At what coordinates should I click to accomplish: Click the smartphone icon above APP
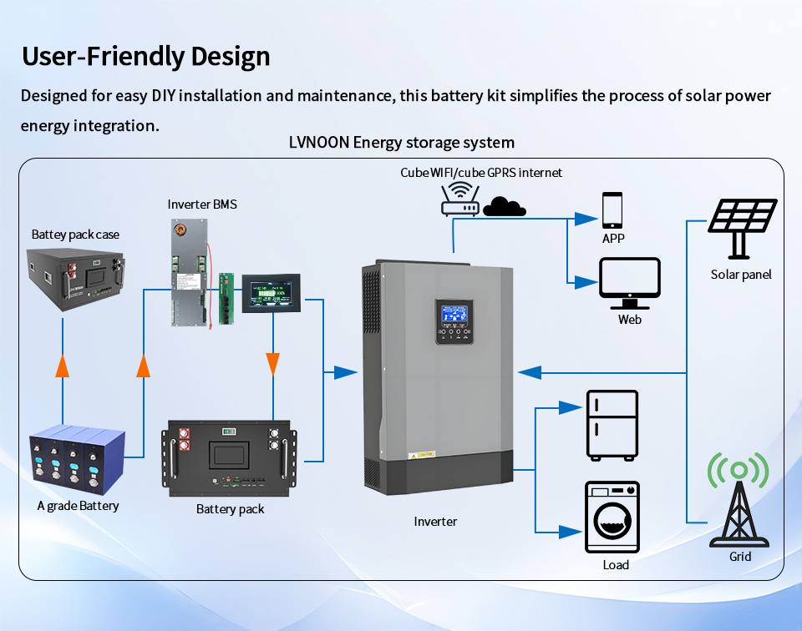[612, 209]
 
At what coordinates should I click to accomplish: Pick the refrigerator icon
[612, 425]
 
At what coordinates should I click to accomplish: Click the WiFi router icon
[459, 201]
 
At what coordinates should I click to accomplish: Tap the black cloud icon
[504, 205]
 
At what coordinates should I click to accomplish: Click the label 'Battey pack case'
[75, 235]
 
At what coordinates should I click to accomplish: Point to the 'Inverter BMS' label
[202, 204]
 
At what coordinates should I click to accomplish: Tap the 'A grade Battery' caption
[78, 506]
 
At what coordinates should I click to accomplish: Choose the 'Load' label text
[616, 565]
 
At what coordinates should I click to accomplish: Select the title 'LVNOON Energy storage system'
[401, 142]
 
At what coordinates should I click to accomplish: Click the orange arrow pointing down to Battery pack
[272, 362]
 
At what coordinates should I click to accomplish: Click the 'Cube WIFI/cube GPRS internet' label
[481, 173]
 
